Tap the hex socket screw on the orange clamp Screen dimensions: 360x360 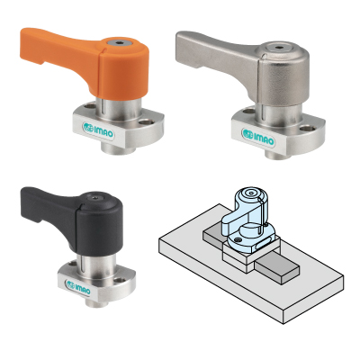point(120,42)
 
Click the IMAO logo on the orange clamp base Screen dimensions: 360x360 point(99,130)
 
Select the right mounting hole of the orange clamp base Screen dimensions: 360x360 point(146,122)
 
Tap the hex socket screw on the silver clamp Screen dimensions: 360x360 point(279,48)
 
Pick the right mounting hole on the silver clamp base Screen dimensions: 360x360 point(308,129)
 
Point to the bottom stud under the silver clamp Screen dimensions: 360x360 point(277,154)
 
